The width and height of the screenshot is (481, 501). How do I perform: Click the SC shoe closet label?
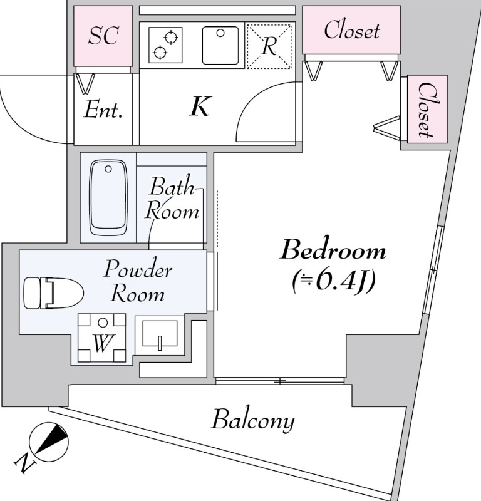103,36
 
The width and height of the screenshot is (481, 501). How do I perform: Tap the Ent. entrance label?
103,111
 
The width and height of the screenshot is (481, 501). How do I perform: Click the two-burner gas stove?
165,45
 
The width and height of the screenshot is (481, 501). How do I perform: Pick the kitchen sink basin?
221,45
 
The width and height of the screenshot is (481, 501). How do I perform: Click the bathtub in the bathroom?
108,197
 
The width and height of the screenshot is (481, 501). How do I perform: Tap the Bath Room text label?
173,199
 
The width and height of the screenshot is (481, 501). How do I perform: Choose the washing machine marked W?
101,339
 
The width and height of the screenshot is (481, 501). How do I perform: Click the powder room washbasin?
160,334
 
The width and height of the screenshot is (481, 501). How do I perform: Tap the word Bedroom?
333,252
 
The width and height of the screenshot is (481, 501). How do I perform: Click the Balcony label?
252,420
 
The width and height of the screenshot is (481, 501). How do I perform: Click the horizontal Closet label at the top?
351,30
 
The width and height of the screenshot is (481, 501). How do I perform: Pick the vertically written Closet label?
426,109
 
